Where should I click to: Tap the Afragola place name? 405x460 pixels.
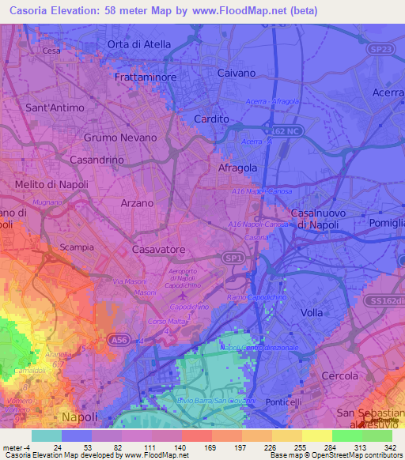[x=239, y=168]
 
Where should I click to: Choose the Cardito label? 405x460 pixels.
[x=211, y=119]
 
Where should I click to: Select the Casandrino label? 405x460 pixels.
[x=97, y=160]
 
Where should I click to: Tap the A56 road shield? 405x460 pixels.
[x=119, y=340]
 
